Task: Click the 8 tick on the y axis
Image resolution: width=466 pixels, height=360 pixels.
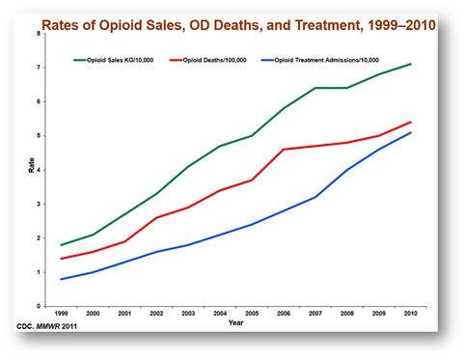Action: pyautogui.click(x=38, y=34)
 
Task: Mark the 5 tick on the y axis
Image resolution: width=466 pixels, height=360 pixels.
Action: pyautogui.click(x=38, y=136)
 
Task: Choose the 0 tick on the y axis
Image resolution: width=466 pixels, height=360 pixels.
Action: pyautogui.click(x=38, y=306)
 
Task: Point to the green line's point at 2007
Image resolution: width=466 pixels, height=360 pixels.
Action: pyautogui.click(x=314, y=89)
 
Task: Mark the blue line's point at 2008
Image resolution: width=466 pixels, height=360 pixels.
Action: pyautogui.click(x=347, y=170)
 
